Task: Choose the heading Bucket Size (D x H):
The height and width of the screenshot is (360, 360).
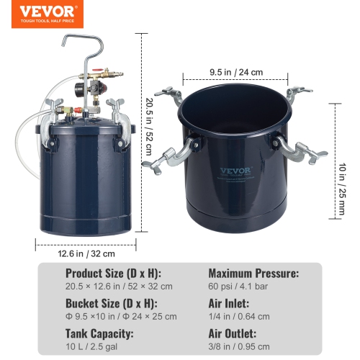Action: [108, 305]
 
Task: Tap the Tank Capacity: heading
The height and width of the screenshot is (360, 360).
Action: [99, 334]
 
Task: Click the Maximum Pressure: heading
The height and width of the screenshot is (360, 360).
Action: [254, 274]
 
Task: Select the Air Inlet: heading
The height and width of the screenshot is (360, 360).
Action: [229, 305]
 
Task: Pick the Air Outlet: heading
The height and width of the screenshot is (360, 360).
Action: [233, 334]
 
